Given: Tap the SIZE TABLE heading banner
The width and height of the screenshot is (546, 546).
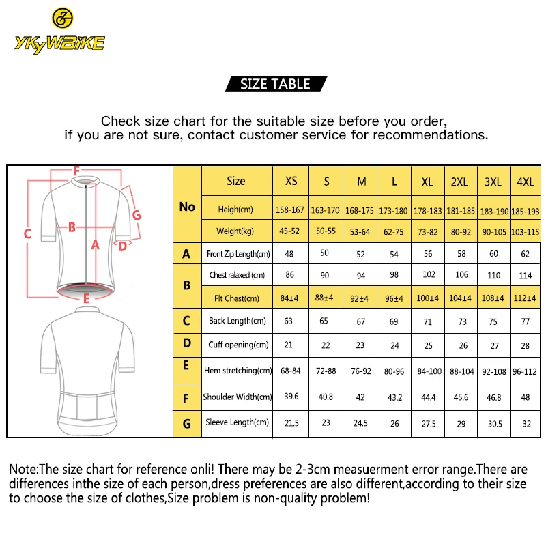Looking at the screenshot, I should point(275,84).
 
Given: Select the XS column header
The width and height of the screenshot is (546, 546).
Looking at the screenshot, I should point(291,182).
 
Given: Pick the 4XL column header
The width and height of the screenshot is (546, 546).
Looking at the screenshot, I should point(525,182).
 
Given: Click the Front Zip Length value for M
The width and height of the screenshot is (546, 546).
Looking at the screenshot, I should point(361,254).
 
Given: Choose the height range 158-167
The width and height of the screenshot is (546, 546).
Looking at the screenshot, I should point(291,211).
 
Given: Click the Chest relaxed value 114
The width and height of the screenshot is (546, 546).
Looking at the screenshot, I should point(525,276).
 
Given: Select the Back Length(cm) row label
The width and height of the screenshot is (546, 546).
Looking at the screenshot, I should point(237,321).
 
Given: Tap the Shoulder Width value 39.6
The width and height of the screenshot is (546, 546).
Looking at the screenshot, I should point(291,397).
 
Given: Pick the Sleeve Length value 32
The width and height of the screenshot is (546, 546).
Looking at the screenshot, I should point(525,423).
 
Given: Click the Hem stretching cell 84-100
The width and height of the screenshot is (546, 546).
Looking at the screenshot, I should point(427,371).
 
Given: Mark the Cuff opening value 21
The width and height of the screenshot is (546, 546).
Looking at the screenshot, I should point(291,345).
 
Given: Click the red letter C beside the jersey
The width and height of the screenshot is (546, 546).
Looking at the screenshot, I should point(28,233).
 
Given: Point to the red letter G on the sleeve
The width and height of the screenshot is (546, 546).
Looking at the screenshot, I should point(136,215).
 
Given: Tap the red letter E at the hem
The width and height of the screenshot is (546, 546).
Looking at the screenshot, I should point(86,298).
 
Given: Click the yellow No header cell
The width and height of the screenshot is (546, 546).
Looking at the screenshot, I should point(187,207).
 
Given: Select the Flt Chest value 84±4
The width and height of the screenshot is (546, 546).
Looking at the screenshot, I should point(291,298).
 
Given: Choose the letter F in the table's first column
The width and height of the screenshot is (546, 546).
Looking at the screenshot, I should point(186,397).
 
